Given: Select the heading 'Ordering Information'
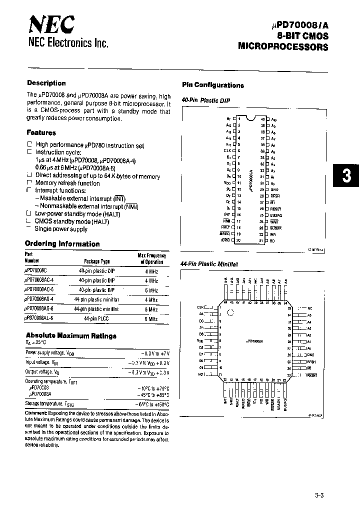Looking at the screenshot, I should click(x=62, y=244).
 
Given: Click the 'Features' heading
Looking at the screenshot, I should click(x=41, y=133).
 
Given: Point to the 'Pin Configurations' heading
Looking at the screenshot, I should click(x=212, y=85).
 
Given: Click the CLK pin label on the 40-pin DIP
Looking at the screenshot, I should click(x=227, y=150).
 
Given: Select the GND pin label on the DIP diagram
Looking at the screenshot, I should click(x=274, y=189).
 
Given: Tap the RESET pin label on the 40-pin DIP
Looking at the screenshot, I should click(x=275, y=208).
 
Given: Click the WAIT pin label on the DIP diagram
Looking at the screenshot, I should click(x=274, y=221).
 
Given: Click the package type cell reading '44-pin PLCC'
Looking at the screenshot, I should click(x=96, y=318).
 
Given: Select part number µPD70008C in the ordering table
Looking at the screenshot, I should click(x=39, y=271).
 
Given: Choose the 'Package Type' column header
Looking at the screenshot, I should click(x=96, y=261).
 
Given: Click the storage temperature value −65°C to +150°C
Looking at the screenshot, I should click(x=152, y=404).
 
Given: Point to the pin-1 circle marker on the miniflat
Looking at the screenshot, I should click(x=230, y=313).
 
